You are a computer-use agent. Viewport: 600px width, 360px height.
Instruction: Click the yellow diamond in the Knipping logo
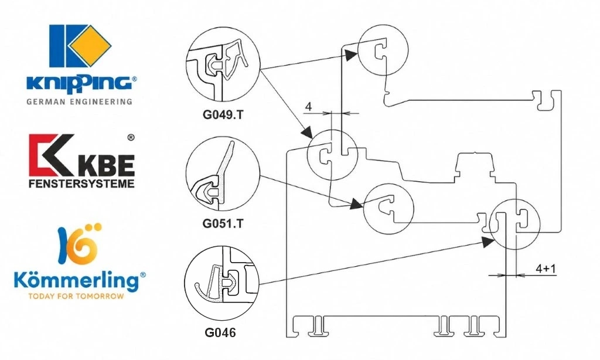90,46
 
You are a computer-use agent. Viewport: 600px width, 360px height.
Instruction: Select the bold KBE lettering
108,165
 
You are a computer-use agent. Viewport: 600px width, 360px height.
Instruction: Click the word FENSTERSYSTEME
81,184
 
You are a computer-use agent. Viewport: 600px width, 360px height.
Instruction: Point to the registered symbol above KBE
131,137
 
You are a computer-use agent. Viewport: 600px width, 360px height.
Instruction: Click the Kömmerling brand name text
76,280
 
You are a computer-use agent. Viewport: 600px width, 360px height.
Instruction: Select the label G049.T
222,115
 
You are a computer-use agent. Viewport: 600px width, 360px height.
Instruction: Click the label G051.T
222,223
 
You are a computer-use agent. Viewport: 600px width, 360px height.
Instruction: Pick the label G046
220,332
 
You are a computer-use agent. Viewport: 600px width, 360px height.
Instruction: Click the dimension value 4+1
546,269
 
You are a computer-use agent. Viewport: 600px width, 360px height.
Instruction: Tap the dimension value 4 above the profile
309,106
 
